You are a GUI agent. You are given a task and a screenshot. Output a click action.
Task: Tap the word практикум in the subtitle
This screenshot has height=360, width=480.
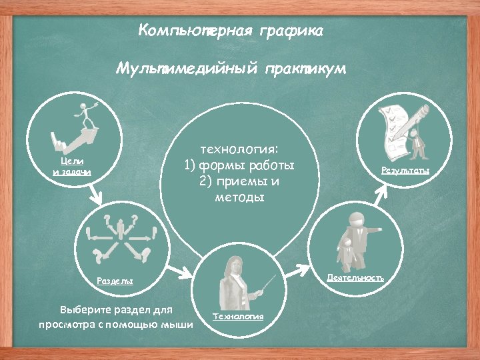click(x=305, y=69)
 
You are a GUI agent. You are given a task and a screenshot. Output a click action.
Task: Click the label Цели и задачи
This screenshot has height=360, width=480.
click(x=71, y=167)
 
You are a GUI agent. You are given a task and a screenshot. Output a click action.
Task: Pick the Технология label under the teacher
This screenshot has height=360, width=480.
click(x=238, y=315)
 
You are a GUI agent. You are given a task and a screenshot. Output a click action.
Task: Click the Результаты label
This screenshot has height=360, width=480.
click(x=405, y=171)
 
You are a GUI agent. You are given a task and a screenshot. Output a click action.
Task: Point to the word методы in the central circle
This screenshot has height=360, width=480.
click(x=239, y=198)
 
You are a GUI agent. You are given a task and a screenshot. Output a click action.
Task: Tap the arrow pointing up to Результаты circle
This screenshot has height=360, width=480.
click(x=381, y=193)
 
